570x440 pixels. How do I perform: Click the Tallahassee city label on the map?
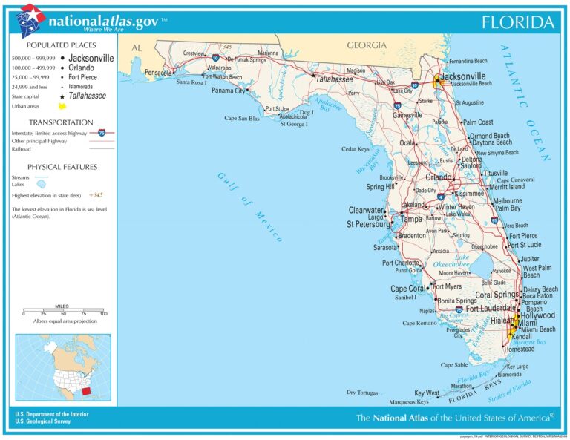[335, 78]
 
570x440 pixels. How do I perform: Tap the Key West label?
[427, 393]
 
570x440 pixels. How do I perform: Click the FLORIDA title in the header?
[518, 22]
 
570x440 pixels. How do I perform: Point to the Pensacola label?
[158, 73]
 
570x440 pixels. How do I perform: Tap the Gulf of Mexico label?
[249, 206]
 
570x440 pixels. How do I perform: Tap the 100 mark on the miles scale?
[103, 314]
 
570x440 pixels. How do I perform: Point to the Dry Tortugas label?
[361, 392]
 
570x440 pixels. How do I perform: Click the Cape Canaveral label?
[515, 180]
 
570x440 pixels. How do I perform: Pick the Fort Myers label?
[448, 286]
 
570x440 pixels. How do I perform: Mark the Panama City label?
[228, 91]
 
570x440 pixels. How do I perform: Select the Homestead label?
[518, 349]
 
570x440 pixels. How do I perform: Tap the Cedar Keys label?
[356, 149]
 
